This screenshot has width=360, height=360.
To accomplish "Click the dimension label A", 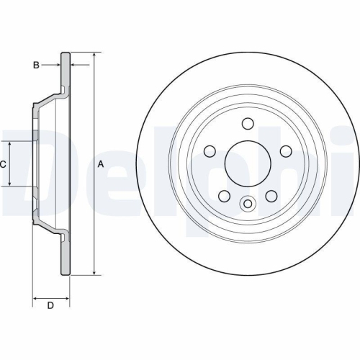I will (101, 164).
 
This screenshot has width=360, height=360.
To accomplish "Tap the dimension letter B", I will (35, 66).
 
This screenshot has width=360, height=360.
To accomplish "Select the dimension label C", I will (4, 164).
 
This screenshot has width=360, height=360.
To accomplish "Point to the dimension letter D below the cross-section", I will (50, 306).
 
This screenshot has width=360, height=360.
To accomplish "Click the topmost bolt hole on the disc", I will (248, 123).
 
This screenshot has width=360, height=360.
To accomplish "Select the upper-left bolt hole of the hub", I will (210, 151).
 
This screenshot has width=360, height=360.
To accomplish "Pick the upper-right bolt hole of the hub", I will (285, 151).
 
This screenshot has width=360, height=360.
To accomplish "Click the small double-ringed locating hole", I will (248, 204).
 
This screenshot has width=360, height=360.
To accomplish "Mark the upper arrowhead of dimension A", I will (94, 55).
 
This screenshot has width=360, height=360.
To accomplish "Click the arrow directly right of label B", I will (57, 66).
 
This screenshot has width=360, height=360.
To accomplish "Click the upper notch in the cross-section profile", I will (63, 90).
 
